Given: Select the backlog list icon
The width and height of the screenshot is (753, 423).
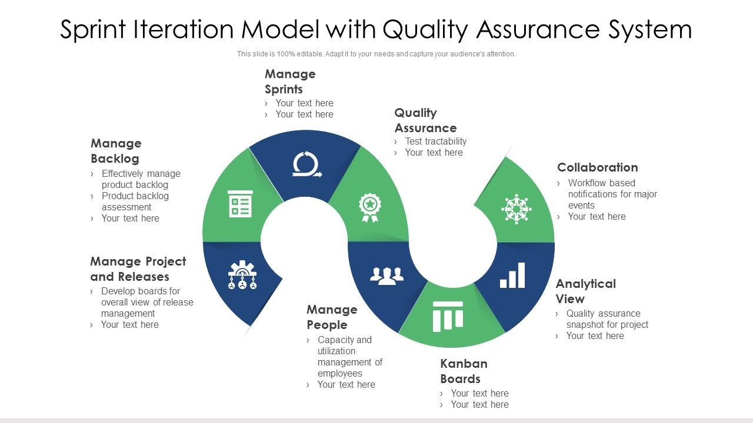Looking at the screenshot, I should [x=240, y=204].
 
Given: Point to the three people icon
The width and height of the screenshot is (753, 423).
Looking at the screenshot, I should [x=387, y=275].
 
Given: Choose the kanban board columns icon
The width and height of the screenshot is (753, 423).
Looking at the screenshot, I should [x=448, y=316].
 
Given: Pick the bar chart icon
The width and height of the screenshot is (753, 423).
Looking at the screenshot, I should [x=512, y=276].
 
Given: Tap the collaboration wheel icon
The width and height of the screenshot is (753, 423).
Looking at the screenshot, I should [x=516, y=209].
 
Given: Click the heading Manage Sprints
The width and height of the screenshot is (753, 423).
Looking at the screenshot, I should [x=290, y=82].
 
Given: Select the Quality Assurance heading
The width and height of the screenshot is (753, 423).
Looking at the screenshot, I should [x=425, y=120].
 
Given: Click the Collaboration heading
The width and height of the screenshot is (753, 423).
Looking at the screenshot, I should [x=597, y=167].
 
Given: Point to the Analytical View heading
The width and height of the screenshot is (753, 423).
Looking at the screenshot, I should [x=585, y=291].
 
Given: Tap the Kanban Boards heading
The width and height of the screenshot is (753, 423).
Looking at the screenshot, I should [x=464, y=371].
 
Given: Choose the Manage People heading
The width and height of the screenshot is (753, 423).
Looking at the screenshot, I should [x=332, y=317].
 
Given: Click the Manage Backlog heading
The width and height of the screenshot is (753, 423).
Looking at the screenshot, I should [x=116, y=151].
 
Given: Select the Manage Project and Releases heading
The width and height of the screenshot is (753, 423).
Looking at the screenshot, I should [x=138, y=269].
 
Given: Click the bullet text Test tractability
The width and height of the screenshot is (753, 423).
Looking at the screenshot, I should [x=435, y=142].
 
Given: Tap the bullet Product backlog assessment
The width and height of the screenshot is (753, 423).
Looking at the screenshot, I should [x=135, y=202].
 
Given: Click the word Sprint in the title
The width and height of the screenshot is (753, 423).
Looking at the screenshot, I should [x=96, y=29].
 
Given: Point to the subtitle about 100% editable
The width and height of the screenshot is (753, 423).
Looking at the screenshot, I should [x=376, y=54].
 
